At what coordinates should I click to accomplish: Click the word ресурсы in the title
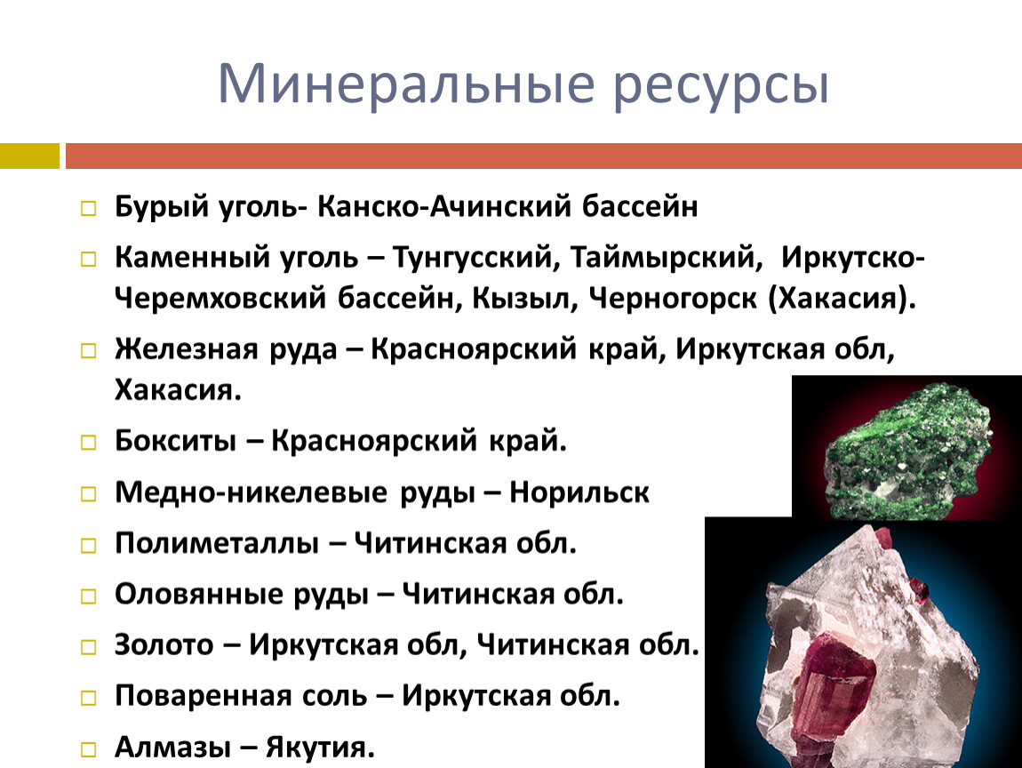pyautogui.click(x=721, y=89)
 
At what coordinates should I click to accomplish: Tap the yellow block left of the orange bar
pyautogui.click(x=29, y=156)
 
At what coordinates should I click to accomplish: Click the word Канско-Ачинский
pyautogui.click(x=444, y=207)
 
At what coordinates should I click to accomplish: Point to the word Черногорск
pyautogui.click(x=673, y=300)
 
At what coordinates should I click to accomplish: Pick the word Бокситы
pyautogui.click(x=175, y=441)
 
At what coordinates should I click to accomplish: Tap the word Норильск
pyautogui.click(x=579, y=492)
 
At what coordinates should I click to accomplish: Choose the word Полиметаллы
pyautogui.click(x=217, y=543)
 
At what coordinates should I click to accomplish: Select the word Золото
pyautogui.click(x=164, y=644)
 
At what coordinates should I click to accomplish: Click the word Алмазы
pyautogui.click(x=172, y=748)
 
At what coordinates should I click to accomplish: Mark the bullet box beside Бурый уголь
pyautogui.click(x=88, y=209)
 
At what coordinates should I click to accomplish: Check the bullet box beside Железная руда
pyautogui.click(x=88, y=351)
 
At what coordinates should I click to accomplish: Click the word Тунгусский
pyautogui.click(x=476, y=258)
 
